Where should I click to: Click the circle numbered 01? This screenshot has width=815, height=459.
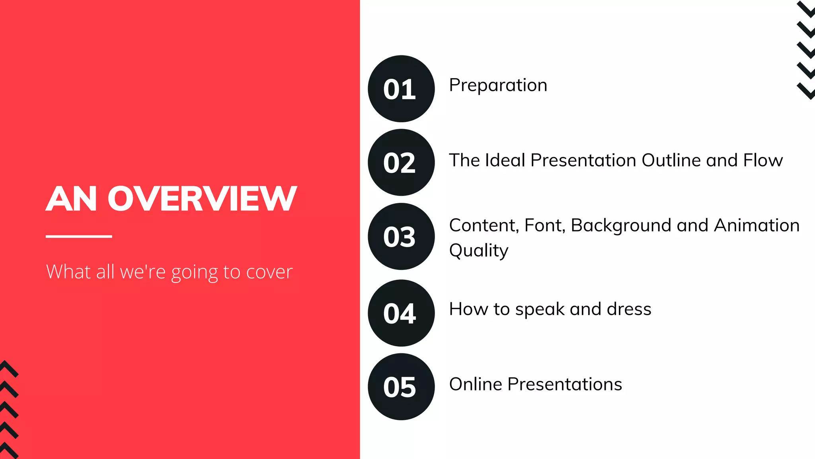[401, 89]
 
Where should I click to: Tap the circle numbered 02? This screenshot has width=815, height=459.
[401, 163]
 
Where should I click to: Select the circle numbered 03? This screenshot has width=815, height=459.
[401, 237]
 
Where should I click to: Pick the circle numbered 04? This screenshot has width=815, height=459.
[401, 313]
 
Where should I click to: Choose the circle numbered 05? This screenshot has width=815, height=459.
[401, 387]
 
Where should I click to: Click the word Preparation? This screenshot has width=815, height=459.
[498, 85]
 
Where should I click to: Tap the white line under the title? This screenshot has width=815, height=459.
[79, 236]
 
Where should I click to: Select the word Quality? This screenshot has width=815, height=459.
[479, 251]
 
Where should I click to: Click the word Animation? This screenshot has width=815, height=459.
[757, 226]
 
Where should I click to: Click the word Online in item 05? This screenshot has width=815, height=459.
[476, 384]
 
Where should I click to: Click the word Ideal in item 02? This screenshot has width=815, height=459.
[505, 161]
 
